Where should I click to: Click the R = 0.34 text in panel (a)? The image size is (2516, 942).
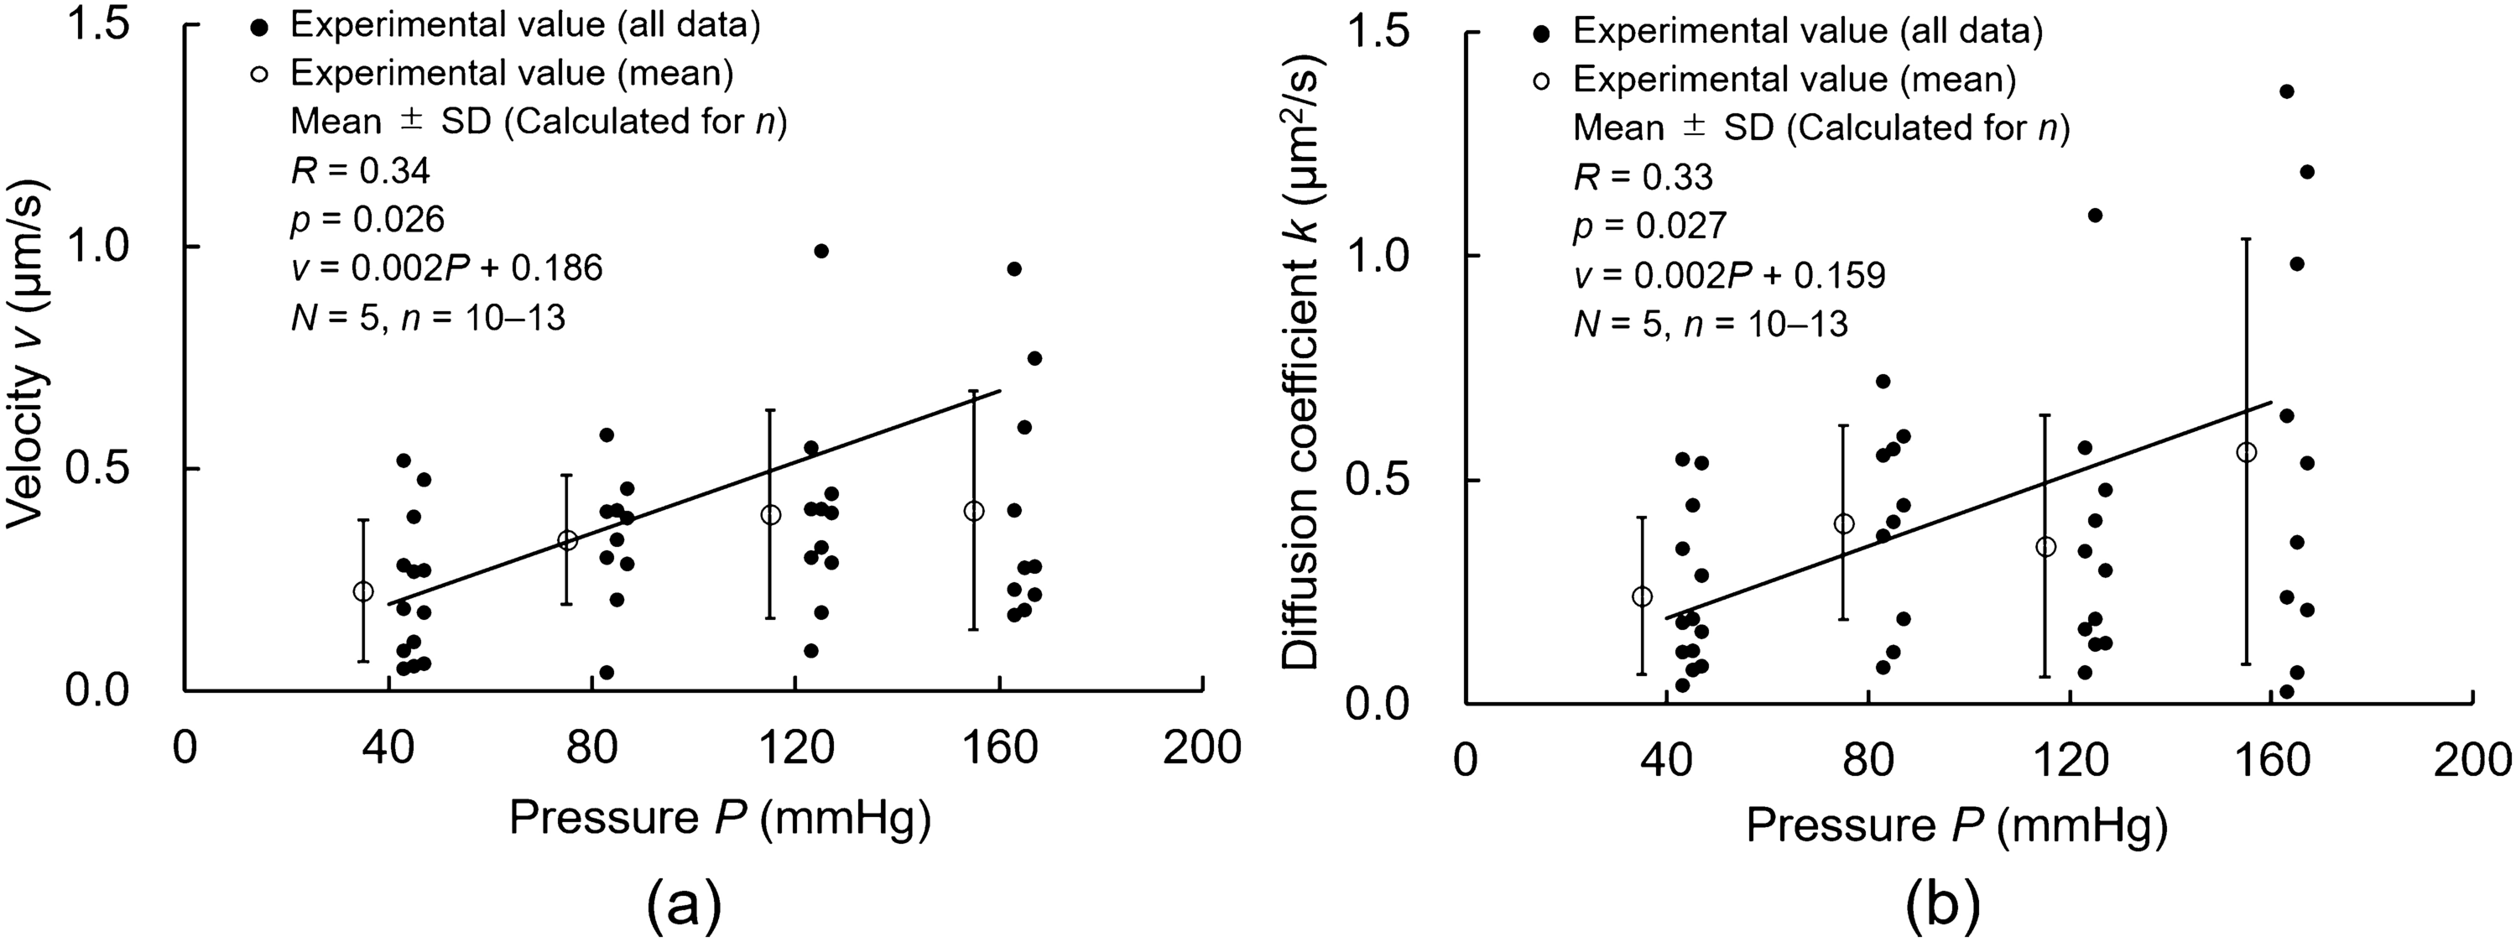point(359,172)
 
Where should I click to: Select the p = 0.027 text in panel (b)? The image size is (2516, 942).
point(1649,226)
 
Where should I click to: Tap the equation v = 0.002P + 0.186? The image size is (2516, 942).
point(446,268)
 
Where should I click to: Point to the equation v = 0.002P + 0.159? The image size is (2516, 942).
point(1729,276)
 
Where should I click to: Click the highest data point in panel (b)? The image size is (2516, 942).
point(2286,91)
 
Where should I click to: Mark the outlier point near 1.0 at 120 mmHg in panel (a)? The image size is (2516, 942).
point(820,251)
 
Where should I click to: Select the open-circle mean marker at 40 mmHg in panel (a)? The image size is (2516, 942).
point(363,591)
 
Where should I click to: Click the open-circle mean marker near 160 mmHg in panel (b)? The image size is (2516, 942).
point(2247,452)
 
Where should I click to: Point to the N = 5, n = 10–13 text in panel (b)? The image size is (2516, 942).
point(1711,324)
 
